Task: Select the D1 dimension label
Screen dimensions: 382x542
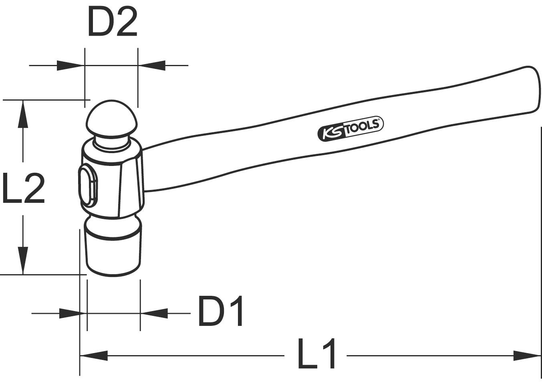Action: tap(221, 311)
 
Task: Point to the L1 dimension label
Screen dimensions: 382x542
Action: tap(316, 354)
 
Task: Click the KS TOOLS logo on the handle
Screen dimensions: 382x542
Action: tap(351, 129)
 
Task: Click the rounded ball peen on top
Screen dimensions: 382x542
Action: tap(112, 118)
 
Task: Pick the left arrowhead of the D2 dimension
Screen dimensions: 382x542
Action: tap(70, 65)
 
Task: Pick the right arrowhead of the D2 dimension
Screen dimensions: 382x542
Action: tap(152, 65)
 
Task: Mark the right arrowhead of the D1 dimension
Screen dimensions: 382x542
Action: tap(154, 313)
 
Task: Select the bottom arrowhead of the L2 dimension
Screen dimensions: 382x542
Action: tap(23, 261)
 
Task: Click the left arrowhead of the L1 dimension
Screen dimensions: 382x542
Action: tap(94, 355)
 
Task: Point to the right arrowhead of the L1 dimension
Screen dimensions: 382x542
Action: tap(527, 355)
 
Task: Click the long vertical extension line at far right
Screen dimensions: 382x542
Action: tap(541, 241)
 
